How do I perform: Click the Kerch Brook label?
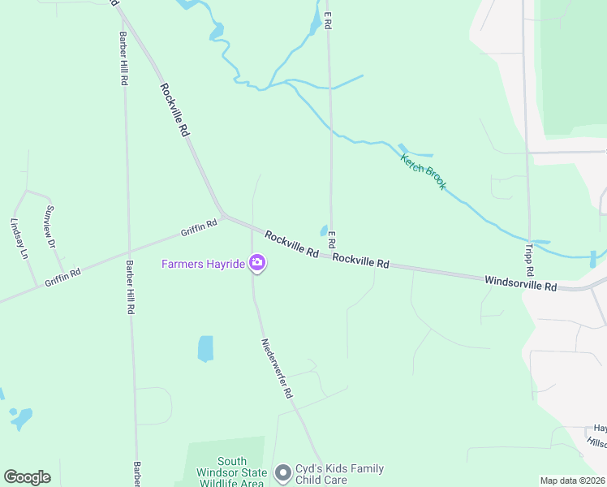(x=424, y=170)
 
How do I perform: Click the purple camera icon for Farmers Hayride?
(x=257, y=262)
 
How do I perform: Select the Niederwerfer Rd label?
(x=276, y=368)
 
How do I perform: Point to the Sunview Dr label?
(x=50, y=226)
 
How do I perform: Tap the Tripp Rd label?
(x=529, y=258)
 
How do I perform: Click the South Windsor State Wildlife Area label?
(x=230, y=472)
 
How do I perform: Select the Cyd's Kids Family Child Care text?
(x=339, y=474)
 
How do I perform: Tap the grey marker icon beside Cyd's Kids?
(x=282, y=472)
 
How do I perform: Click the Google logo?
(x=27, y=477)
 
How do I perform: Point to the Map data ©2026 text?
(x=572, y=481)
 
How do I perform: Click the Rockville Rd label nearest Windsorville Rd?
(x=361, y=261)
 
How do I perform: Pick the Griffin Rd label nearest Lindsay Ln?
(x=62, y=274)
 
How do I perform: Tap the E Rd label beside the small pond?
(x=331, y=239)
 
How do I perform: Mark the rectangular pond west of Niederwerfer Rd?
(x=205, y=348)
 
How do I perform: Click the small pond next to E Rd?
(x=324, y=231)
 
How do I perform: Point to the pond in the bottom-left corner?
(x=20, y=419)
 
